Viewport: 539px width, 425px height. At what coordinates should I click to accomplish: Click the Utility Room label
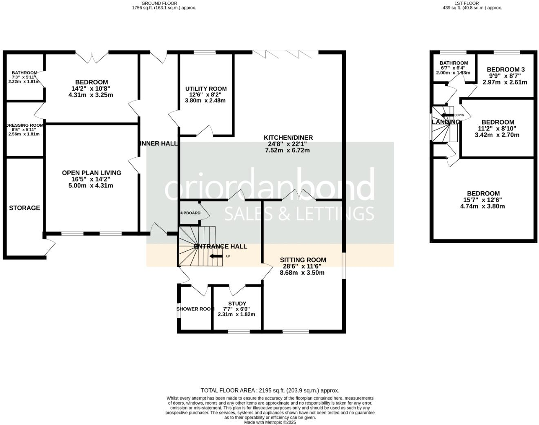[206, 89]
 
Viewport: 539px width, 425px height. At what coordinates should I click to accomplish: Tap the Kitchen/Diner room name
[288, 138]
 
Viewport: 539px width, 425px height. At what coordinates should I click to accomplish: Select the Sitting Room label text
[303, 260]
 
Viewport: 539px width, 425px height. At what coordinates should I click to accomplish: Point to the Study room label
[237, 304]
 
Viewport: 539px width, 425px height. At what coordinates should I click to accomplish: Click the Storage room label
[24, 208]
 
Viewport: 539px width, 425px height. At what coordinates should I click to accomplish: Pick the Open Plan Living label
[91, 173]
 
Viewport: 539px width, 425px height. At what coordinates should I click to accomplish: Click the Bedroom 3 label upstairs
[506, 69]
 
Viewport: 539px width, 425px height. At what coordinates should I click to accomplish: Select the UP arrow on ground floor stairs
[216, 257]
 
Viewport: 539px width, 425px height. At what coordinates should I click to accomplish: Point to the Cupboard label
[189, 213]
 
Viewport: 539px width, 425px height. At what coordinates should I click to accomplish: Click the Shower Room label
[195, 309]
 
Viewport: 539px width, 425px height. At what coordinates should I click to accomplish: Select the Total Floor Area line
[269, 390]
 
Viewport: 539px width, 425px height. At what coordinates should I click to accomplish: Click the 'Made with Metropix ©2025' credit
[269, 422]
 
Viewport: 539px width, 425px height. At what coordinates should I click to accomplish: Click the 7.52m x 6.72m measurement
[287, 150]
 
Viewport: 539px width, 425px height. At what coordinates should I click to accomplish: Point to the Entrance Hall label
[220, 246]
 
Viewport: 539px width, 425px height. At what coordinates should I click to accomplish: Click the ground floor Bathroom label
[24, 73]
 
